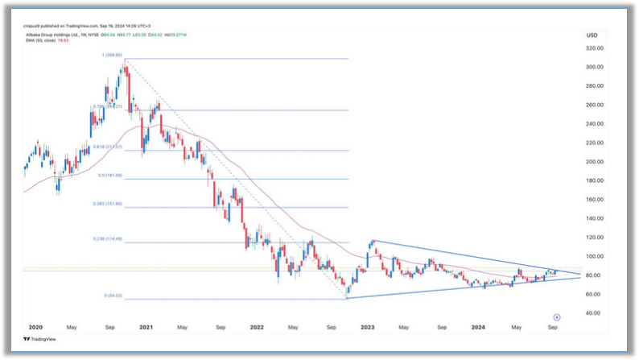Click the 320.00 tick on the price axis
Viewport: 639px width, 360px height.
(x=595, y=48)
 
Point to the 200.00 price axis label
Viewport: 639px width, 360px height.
(x=595, y=161)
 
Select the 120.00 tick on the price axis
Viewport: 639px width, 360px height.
(x=595, y=238)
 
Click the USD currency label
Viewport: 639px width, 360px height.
(x=592, y=35)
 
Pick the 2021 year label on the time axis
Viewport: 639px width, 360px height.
(x=146, y=328)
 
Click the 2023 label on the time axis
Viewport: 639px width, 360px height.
(x=368, y=328)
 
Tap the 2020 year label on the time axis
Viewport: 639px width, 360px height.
(x=35, y=328)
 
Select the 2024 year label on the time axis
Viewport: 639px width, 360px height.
(x=479, y=328)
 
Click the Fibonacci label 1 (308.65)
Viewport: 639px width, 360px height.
(x=112, y=55)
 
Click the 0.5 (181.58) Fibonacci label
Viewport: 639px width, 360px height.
(x=111, y=175)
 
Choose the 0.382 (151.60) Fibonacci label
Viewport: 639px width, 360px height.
(x=109, y=204)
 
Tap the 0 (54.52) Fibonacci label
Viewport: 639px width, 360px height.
(x=111, y=296)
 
